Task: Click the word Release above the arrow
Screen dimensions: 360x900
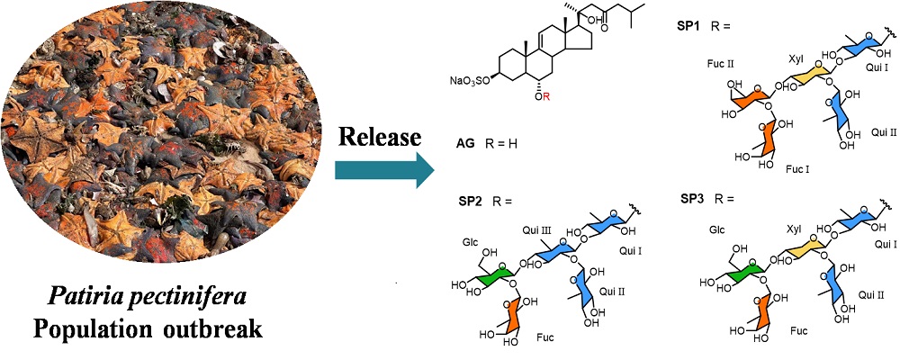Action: pyautogui.click(x=378, y=138)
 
